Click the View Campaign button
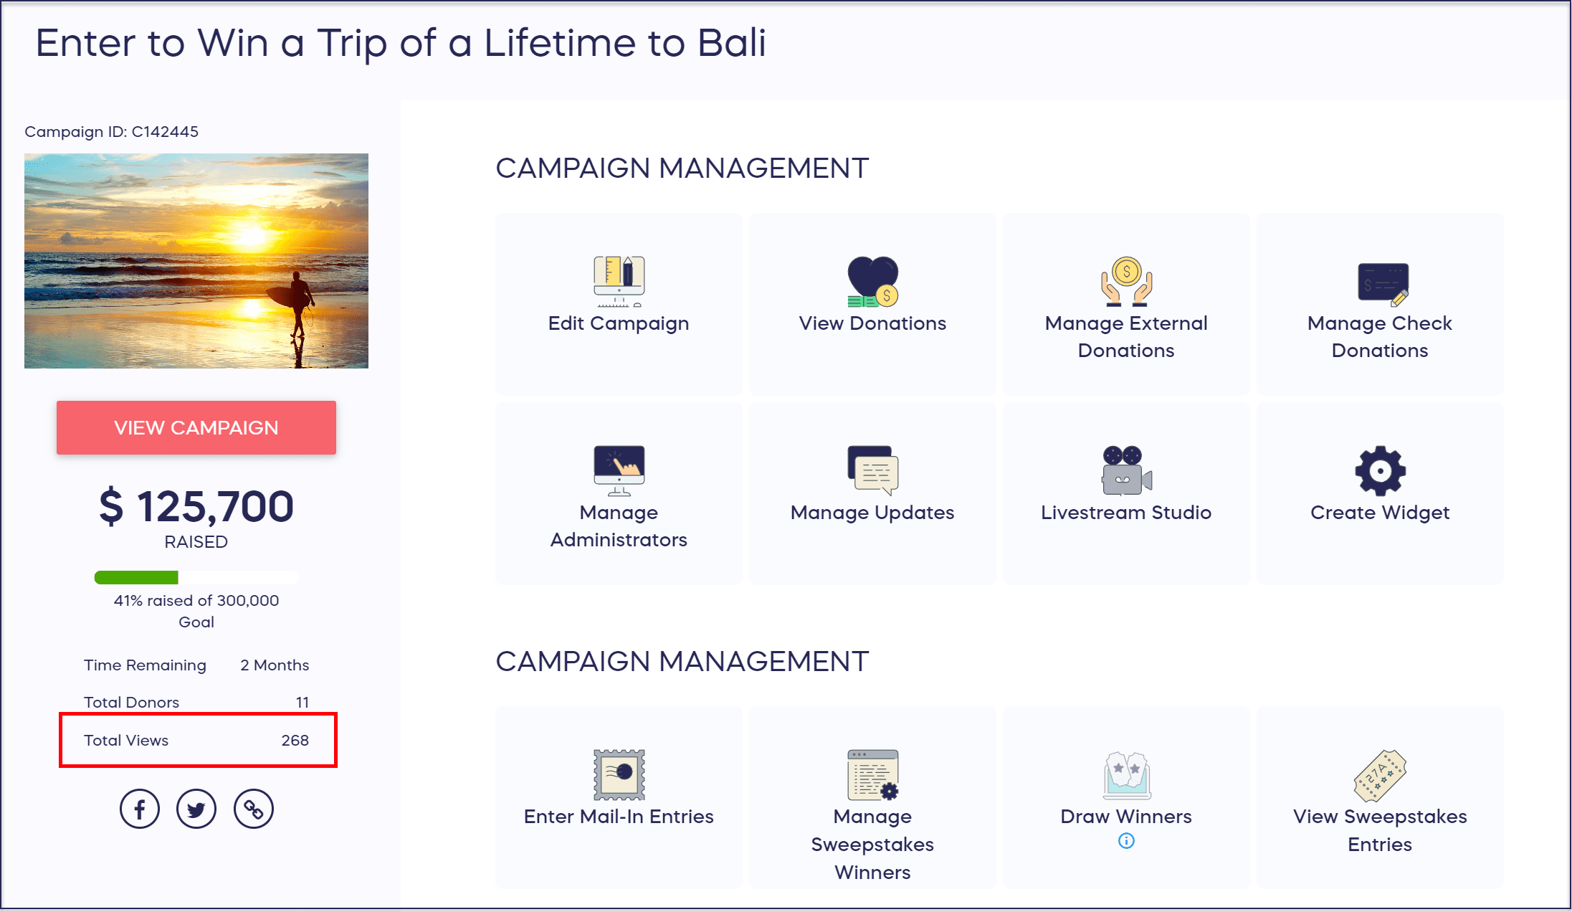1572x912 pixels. [x=196, y=427]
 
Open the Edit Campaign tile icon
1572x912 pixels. [x=619, y=280]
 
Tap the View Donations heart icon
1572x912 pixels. [x=872, y=280]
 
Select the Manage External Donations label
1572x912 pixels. [x=1126, y=337]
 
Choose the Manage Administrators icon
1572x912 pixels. [x=619, y=470]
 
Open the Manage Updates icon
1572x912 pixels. [x=872, y=470]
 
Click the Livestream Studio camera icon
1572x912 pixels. [x=1126, y=470]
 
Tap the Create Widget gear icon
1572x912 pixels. [x=1380, y=471]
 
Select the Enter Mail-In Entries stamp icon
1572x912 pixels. [x=619, y=774]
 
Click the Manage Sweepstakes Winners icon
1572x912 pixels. [x=872, y=774]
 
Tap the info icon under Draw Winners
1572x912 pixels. [x=1126, y=840]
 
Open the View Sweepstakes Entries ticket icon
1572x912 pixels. [x=1380, y=775]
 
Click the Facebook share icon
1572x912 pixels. [x=140, y=809]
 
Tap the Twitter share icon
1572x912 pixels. [x=196, y=809]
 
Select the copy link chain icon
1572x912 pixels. [x=254, y=809]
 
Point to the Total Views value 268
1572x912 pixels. [x=295, y=740]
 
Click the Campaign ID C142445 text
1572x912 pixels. [x=111, y=132]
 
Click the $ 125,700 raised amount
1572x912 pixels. [x=196, y=506]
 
